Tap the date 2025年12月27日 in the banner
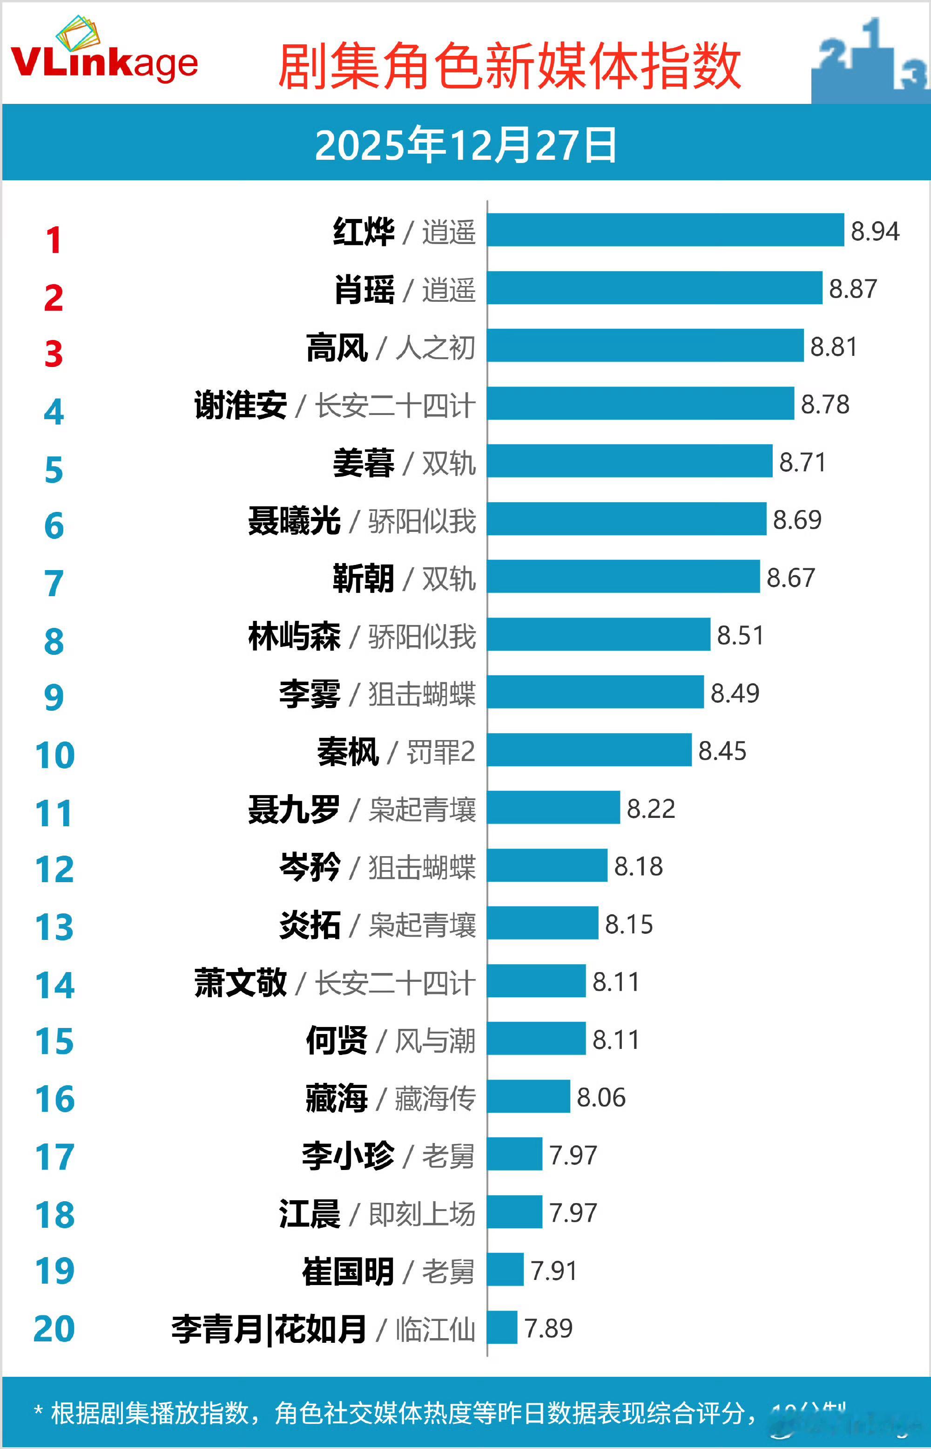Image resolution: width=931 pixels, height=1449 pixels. [465, 145]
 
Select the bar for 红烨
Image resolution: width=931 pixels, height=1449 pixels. [665, 230]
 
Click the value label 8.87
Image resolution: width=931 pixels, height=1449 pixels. [852, 288]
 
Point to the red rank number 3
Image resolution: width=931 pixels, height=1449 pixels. [54, 354]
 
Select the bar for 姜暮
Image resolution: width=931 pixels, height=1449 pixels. [629, 461]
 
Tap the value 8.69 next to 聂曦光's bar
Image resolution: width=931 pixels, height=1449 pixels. [797, 519]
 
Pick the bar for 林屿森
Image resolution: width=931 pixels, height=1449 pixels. [599, 634]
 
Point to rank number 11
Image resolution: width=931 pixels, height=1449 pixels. [54, 813]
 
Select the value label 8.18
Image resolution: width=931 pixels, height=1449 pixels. [638, 866]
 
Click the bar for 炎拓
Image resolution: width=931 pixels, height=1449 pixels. [542, 923]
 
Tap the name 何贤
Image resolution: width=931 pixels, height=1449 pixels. [337, 1040]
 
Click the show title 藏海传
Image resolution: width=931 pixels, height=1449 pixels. [435, 1098]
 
